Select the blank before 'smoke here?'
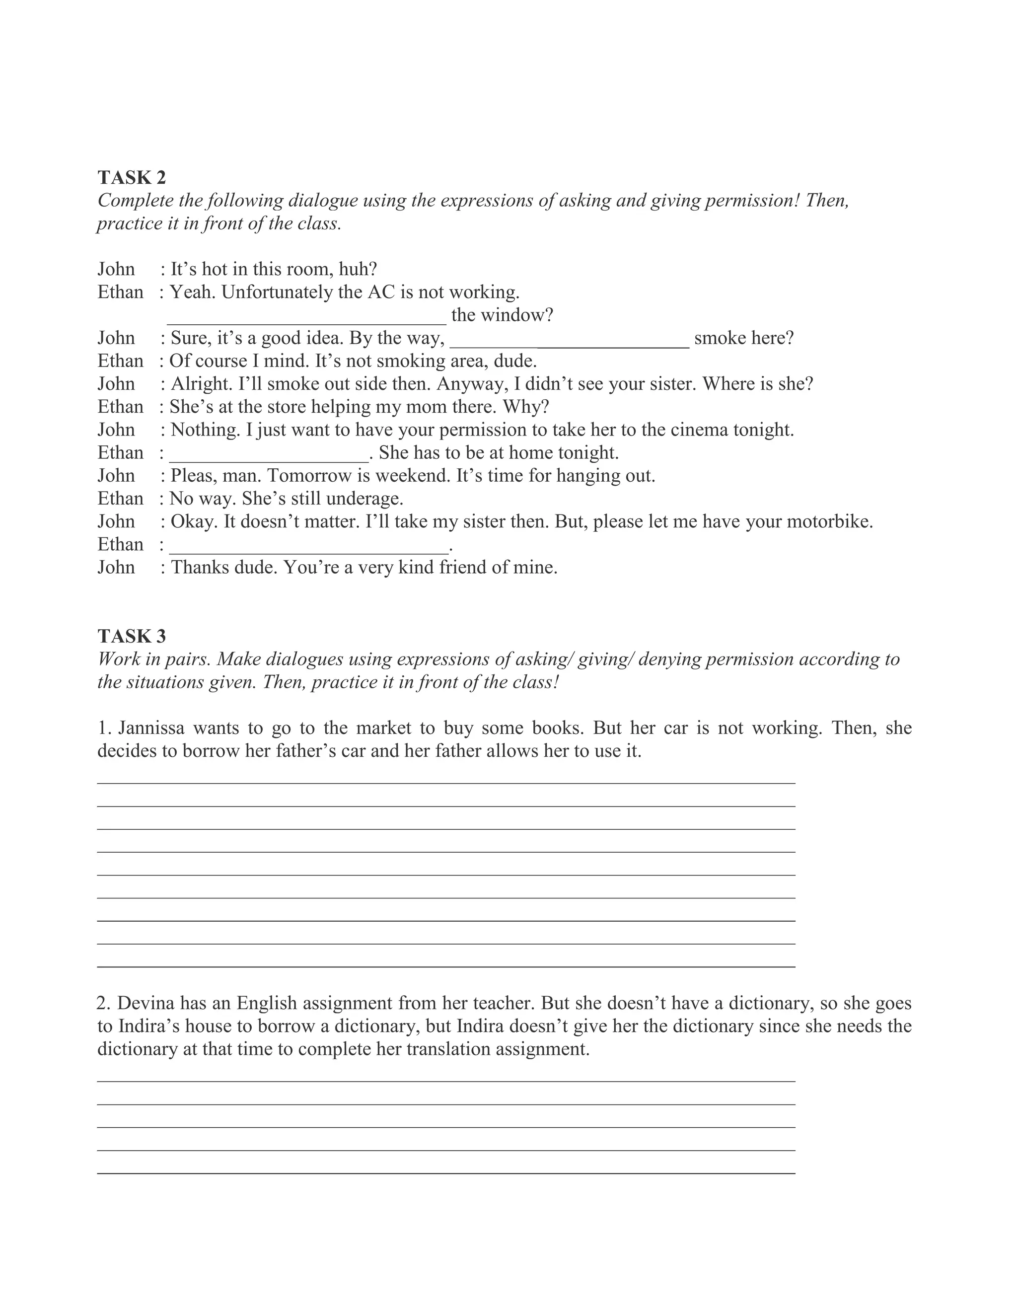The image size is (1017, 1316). (x=570, y=342)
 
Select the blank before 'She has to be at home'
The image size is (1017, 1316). (x=269, y=457)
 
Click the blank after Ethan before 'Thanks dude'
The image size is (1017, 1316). (x=309, y=548)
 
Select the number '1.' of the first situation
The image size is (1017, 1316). (x=104, y=729)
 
